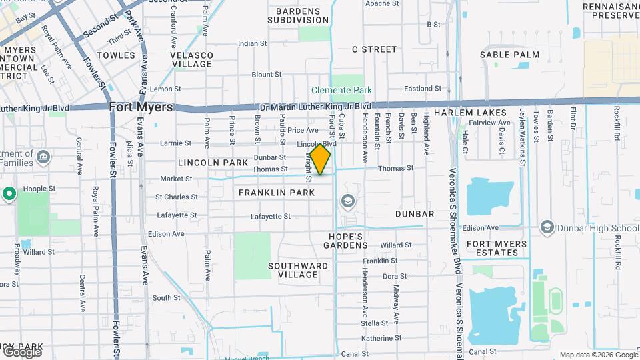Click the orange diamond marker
coord(321,159)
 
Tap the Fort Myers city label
coord(141,107)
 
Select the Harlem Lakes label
coord(461,113)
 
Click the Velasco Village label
coord(192,59)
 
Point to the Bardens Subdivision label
coord(298,15)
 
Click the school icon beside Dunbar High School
coord(547,227)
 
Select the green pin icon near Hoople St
coord(9,194)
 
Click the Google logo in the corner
coord(22,351)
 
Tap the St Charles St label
coord(178,197)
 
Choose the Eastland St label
coord(423,89)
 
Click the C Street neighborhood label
coord(374,49)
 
